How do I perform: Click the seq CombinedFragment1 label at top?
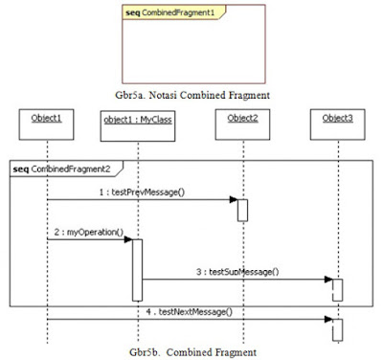[160, 14]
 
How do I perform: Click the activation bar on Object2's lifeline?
[243, 210]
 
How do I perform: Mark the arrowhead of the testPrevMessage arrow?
[234, 200]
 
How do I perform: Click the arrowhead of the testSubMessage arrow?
[327, 281]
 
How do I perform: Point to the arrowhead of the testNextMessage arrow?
[327, 319]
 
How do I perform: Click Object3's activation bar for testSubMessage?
[336, 289]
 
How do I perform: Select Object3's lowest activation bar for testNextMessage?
[336, 328]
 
